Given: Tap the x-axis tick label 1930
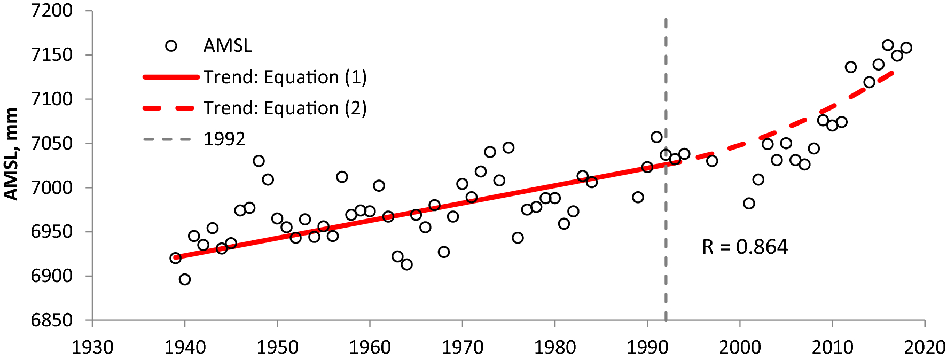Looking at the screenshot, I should [92, 348].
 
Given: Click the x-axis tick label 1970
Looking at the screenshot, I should [463, 348].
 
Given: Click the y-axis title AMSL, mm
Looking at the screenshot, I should [12, 154].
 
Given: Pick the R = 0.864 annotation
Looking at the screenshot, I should [745, 247].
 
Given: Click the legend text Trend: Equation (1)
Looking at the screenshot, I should [285, 77].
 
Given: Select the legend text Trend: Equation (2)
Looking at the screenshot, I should [285, 108].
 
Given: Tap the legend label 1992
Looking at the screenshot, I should [224, 139].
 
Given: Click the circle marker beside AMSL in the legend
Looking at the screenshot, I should [171, 46].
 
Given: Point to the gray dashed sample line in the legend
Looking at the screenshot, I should [167, 139].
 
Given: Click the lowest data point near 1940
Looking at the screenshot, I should [185, 279].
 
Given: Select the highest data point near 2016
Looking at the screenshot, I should [888, 45].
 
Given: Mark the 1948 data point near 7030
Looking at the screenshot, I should [259, 161].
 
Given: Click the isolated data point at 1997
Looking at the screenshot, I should [712, 161].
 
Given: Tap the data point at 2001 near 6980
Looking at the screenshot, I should [749, 204].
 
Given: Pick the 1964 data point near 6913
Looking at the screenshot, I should [406, 264].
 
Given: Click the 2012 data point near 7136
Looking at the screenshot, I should [851, 67].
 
